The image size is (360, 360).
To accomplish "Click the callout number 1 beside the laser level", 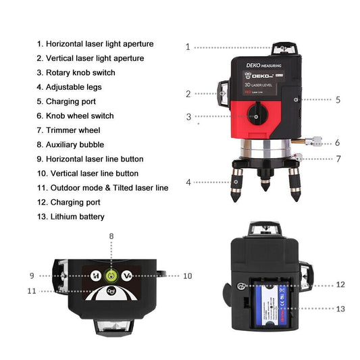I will click(188, 47).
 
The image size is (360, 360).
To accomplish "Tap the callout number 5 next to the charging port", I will click(338, 99).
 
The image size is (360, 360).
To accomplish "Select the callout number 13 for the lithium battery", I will click(340, 308).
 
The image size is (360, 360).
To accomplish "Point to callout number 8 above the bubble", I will click(111, 236).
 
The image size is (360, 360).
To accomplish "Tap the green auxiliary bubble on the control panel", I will click(112, 276).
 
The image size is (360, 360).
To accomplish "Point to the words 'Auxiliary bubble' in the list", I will click(79, 145).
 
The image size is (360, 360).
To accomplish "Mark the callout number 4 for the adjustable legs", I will click(189, 182).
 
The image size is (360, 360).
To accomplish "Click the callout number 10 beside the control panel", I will click(188, 276).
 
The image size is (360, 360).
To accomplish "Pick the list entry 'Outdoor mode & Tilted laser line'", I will click(107, 187).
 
